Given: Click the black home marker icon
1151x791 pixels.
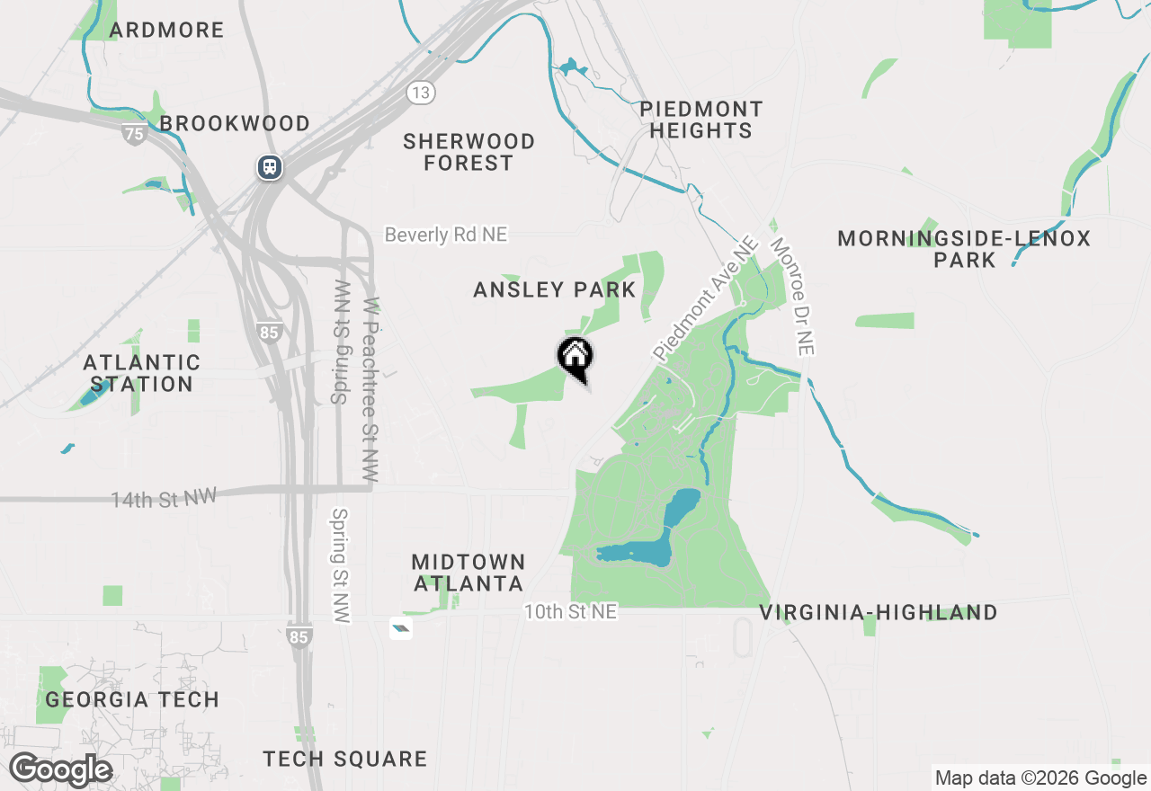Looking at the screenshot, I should [x=575, y=357].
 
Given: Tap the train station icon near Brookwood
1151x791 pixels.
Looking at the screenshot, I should [x=269, y=167].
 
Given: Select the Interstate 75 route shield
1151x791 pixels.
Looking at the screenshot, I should [x=134, y=134].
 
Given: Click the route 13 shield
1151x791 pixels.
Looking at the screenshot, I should [x=420, y=92].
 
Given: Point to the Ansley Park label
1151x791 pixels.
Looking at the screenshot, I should [x=555, y=289].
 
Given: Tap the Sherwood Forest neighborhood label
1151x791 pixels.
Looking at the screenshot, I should [x=468, y=152].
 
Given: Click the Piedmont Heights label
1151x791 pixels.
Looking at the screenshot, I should [x=701, y=120].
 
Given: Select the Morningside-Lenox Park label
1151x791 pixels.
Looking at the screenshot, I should [x=964, y=249].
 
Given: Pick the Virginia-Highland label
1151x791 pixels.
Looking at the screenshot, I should [x=879, y=613].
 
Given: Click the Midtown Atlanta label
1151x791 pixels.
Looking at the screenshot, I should [x=468, y=573].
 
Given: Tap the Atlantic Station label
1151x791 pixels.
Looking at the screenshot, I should [x=141, y=373].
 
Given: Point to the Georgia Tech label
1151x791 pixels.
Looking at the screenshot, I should [x=132, y=699].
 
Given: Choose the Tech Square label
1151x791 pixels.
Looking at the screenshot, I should [x=345, y=759].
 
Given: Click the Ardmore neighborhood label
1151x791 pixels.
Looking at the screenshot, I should [x=166, y=30].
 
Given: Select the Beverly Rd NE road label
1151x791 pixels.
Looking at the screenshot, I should [x=446, y=235].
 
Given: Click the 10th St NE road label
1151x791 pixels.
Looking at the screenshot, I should [x=572, y=611].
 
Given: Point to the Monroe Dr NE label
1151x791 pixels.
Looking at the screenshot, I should [x=792, y=297].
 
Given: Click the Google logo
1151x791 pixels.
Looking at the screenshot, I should [x=60, y=770].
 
